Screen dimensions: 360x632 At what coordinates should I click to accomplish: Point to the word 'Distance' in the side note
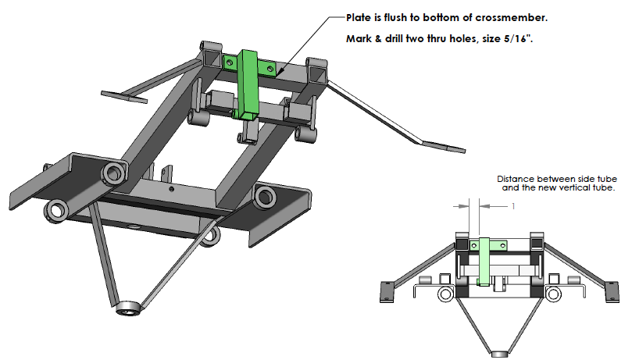[516, 179]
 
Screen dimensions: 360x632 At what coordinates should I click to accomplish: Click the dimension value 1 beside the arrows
[513, 206]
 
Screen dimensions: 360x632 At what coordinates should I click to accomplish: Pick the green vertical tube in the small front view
[484, 262]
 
